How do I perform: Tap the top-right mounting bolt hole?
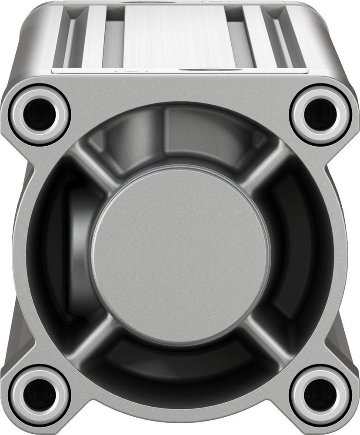point(320,114)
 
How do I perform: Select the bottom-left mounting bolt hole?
point(39,396)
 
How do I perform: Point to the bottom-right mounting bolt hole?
point(320,396)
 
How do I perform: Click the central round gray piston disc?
point(180,257)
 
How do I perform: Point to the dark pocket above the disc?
point(180,139)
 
